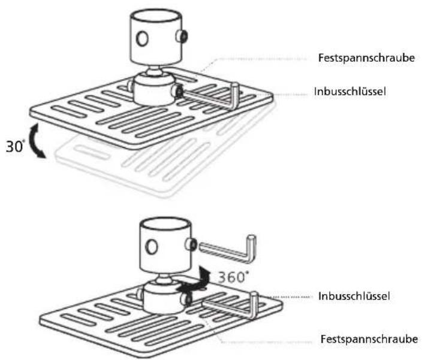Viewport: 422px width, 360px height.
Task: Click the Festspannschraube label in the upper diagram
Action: (366, 58)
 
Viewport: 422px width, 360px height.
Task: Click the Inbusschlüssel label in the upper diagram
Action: (350, 92)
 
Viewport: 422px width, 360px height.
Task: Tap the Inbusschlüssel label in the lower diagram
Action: (354, 297)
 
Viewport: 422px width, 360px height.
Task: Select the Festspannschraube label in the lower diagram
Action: (369, 339)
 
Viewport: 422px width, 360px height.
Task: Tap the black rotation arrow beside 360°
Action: (194, 282)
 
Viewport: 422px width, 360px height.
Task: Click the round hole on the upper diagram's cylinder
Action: (142, 39)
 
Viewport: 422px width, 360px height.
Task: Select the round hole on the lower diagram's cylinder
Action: (152, 247)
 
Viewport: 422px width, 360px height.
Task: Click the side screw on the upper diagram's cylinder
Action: (182, 37)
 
